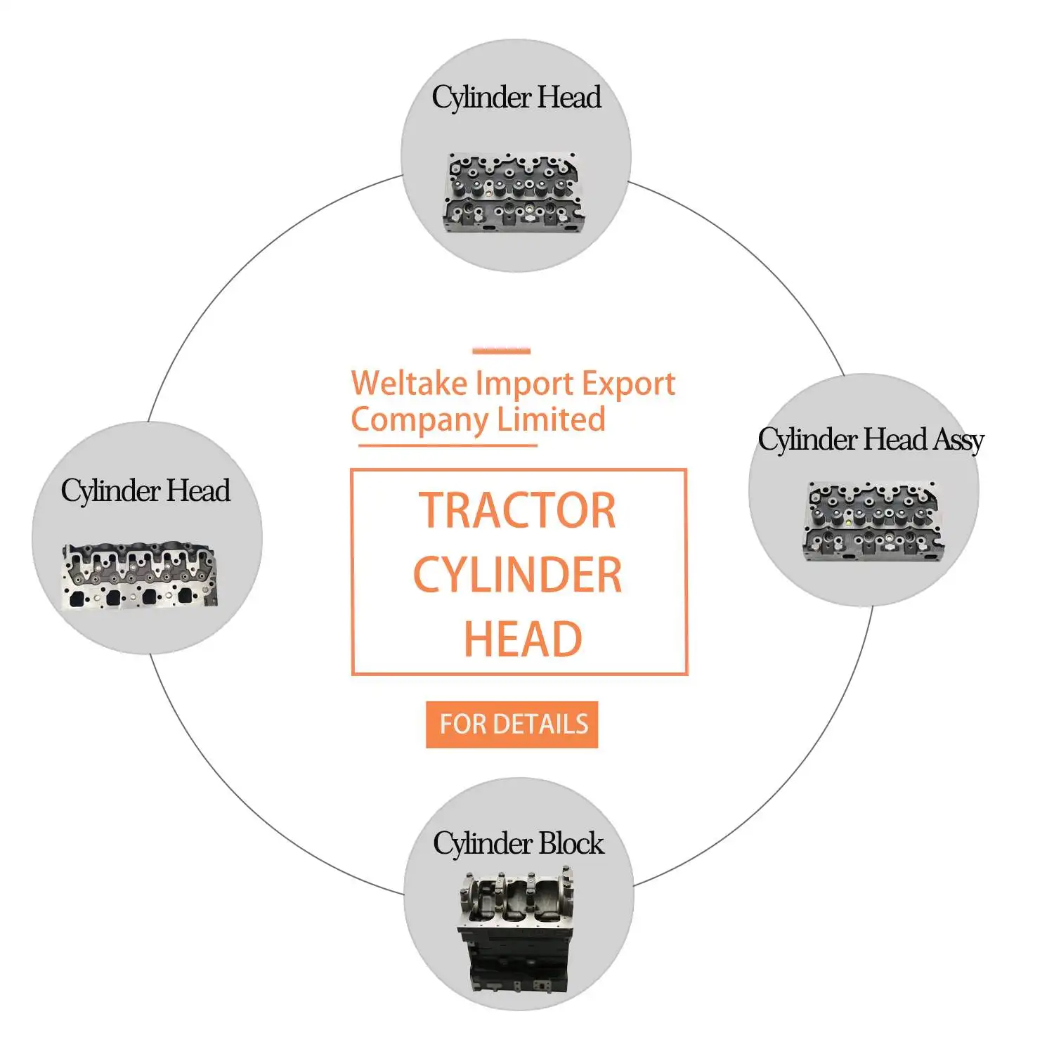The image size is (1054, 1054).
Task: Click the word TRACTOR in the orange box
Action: point(517,511)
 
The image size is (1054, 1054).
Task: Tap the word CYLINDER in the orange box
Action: point(517,575)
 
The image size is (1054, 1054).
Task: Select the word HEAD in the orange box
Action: point(523,639)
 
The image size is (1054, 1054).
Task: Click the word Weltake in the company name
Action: point(409,384)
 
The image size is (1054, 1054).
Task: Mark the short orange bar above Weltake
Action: point(501,351)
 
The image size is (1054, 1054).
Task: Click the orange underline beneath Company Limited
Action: point(448,445)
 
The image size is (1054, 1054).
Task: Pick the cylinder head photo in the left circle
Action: point(141,575)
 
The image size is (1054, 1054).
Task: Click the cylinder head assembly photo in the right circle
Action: point(871,521)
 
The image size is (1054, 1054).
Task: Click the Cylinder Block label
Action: point(518,843)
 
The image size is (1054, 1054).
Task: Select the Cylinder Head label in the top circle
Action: point(516,98)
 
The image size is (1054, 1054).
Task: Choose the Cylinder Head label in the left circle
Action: point(145,490)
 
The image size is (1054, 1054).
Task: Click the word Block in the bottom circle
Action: point(572,843)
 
